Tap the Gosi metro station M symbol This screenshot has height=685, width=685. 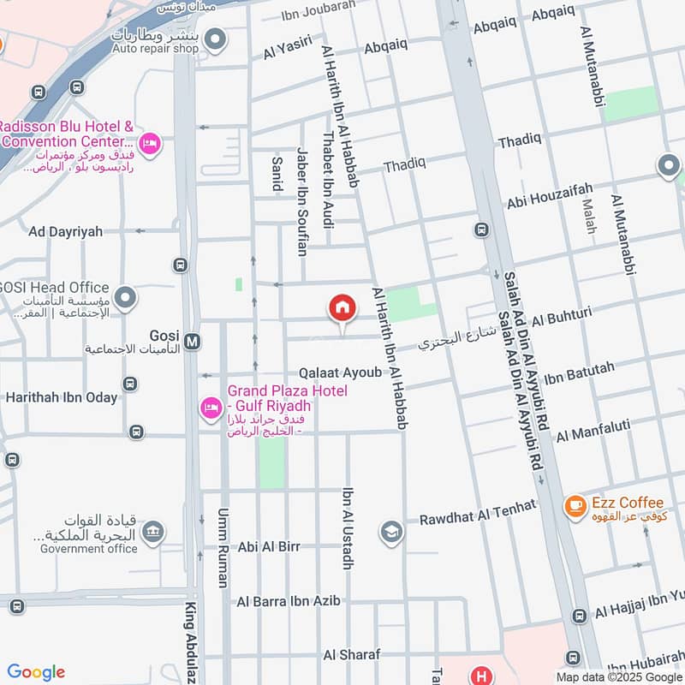click(193, 342)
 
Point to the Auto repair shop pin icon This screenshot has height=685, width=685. click(217, 39)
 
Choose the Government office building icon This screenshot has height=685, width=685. click(152, 534)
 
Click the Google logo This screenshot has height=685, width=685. click(36, 672)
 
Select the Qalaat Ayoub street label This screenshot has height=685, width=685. click(340, 372)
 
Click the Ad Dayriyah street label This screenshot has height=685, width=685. click(65, 231)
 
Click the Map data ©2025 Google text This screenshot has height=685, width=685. click(618, 677)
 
